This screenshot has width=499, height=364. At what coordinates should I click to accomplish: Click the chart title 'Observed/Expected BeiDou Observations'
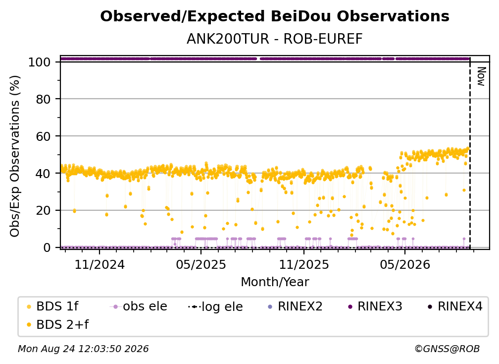coord(275,16)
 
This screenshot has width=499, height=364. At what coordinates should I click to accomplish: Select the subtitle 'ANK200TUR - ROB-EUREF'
coord(275,39)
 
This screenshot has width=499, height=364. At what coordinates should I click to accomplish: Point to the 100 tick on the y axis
coord(40,62)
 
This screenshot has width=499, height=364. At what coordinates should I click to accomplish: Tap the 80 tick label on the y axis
coord(43,99)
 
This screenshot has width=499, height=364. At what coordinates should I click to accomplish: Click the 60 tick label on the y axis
coord(43,136)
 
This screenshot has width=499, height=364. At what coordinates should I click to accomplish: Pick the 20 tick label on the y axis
coord(43,210)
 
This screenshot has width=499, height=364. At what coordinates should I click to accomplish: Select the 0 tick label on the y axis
coord(47,247)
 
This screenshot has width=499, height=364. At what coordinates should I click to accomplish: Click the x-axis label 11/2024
coord(100,264)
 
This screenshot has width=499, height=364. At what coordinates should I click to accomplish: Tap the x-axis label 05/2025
coord(201,264)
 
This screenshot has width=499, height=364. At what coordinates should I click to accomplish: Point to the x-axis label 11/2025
coord(304,264)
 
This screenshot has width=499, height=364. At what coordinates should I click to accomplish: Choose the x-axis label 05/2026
coord(405,264)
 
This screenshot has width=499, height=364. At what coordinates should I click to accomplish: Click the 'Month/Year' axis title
coord(275,282)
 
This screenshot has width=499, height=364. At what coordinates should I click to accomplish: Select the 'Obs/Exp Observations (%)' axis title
coord(15,156)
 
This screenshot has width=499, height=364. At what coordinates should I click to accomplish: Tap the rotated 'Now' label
coord(481,76)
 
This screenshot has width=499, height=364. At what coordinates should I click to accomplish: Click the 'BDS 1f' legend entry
coord(52,306)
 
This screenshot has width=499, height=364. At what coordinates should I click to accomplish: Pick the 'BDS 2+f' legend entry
coord(57,324)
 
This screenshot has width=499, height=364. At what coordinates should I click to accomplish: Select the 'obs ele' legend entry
coord(139,306)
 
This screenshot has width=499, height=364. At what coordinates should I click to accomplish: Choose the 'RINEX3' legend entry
coord(376,306)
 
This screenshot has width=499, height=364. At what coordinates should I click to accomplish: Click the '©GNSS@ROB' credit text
coord(447,349)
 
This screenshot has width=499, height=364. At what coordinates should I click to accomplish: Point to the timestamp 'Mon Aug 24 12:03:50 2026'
coord(83,349)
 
